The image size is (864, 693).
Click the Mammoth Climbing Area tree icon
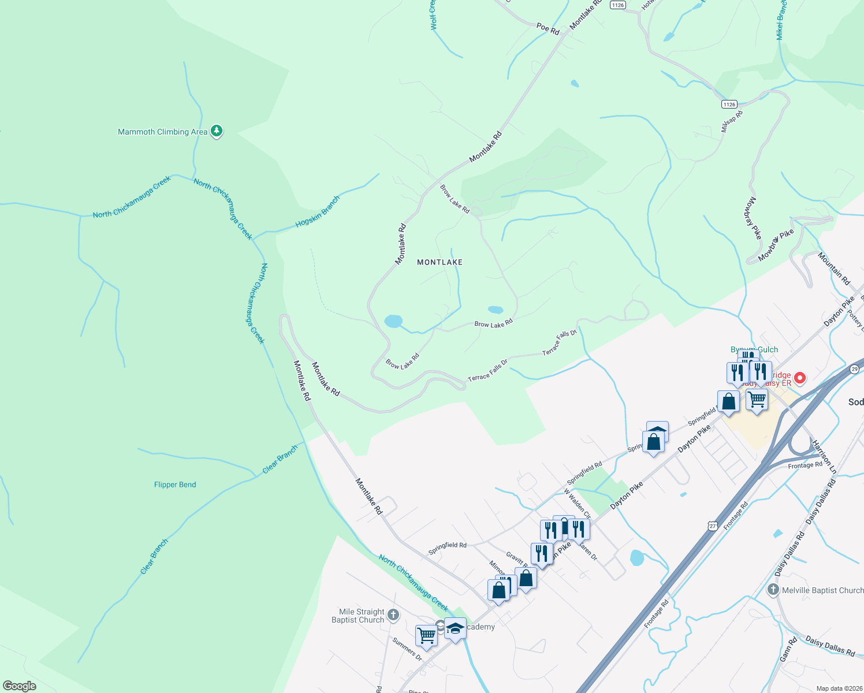point(217,131)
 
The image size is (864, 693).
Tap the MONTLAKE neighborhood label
point(440,262)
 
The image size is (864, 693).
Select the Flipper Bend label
point(175,485)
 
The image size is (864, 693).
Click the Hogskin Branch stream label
point(318,212)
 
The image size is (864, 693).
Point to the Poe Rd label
point(548,28)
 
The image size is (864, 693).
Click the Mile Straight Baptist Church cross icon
point(393,614)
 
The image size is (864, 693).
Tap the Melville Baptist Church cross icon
point(773,590)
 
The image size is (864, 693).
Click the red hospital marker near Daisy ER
point(800,378)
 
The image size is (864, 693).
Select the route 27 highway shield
point(713,526)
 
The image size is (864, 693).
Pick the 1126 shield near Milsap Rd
point(729,105)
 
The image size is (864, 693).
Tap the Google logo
point(20,686)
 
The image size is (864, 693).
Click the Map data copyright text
point(839,688)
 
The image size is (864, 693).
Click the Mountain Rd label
point(833,269)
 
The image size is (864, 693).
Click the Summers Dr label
point(407,649)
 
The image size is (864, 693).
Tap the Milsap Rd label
point(731,121)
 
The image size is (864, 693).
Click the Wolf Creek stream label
point(433,15)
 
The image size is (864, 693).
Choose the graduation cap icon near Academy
point(455,628)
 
